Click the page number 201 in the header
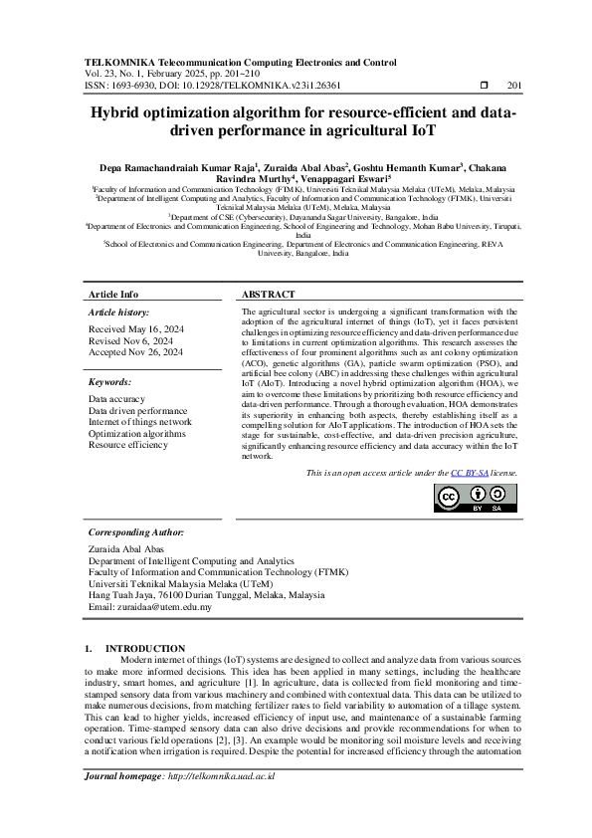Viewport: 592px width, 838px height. click(x=514, y=86)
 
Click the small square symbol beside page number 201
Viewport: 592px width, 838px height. click(x=483, y=86)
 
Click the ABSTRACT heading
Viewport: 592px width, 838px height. click(x=269, y=295)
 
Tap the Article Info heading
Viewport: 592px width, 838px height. click(x=114, y=295)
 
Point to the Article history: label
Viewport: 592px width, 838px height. click(x=118, y=313)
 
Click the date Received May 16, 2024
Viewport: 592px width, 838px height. click(x=136, y=328)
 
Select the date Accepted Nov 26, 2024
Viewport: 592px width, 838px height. click(x=136, y=352)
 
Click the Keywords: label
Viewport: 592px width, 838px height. click(x=109, y=382)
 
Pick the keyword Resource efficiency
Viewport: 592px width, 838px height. click(x=128, y=446)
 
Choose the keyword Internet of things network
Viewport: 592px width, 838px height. click(x=140, y=422)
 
